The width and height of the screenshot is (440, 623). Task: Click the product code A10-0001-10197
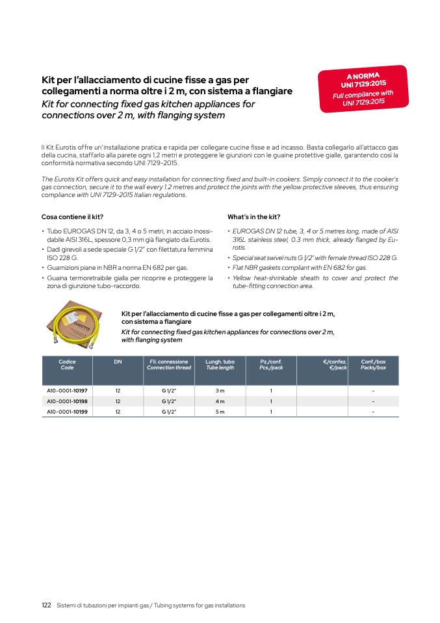[68, 391]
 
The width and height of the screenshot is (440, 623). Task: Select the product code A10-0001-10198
[68, 401]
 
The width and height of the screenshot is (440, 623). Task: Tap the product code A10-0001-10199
[68, 412]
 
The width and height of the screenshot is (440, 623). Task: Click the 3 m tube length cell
[220, 391]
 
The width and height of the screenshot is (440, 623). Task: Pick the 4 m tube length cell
[220, 401]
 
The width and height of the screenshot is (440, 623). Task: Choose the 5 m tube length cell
[220, 412]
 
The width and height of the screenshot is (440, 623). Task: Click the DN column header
[118, 362]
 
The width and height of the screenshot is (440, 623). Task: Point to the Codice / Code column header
[67, 364]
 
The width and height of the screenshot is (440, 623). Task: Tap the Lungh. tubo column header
[220, 364]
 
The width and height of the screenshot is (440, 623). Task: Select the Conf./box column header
[373, 364]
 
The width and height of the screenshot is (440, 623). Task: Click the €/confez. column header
[335, 364]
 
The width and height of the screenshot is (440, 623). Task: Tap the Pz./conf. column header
[271, 364]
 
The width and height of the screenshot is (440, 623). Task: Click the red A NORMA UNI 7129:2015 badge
[363, 88]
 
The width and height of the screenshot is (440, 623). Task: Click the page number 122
[46, 605]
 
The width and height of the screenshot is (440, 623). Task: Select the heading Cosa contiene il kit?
[72, 217]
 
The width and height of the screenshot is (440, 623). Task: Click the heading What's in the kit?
[253, 217]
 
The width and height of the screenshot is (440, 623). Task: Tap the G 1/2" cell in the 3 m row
[169, 391]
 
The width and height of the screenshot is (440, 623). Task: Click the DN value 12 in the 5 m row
[118, 412]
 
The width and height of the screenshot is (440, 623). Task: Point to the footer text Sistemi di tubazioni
[151, 605]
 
